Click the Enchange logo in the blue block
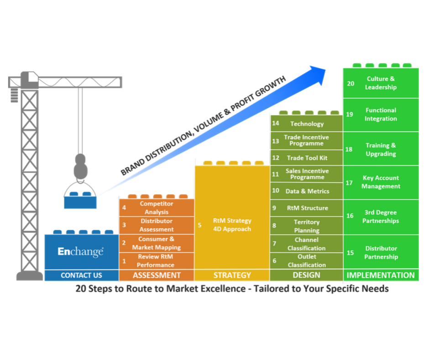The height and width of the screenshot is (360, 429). tap(81, 252)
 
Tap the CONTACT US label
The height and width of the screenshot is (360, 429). tap(81, 275)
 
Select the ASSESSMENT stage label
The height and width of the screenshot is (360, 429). tap(157, 275)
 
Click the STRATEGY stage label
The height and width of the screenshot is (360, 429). tap(232, 275)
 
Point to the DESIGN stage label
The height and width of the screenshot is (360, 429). tap(307, 275)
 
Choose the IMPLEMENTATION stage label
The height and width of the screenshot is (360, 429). tap(381, 275)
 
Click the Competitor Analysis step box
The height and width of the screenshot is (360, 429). tap(157, 208)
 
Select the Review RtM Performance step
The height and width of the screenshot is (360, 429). tap(156, 261)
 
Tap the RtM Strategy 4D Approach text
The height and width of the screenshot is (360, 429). tap(232, 225)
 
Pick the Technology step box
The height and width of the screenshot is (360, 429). tap(307, 124)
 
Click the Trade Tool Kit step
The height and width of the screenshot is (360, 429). tap(307, 158)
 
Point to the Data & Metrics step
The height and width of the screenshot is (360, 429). tap(307, 191)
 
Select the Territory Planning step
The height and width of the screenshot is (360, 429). tap(307, 226)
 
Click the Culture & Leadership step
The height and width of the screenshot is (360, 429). tap(381, 83)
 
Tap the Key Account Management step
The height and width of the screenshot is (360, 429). tap(381, 182)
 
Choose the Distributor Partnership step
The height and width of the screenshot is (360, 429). tap(381, 253)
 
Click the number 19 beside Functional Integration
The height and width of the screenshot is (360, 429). tap(350, 114)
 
